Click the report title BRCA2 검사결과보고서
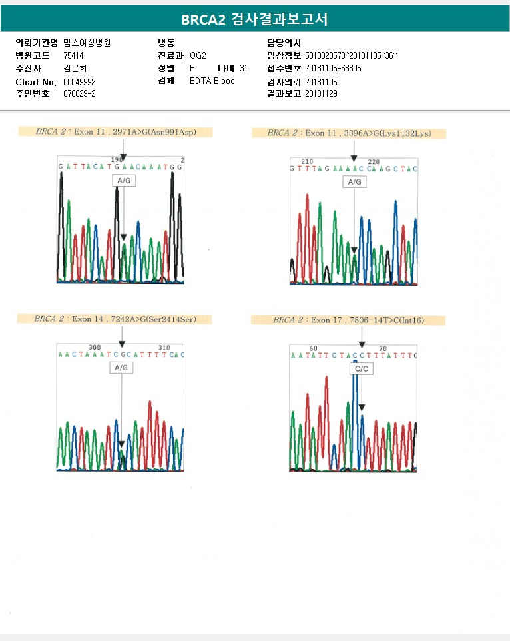[x=254, y=19]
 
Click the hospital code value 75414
[x=73, y=55]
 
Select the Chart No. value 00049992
[x=80, y=81]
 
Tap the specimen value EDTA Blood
[x=212, y=81]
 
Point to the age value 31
[x=244, y=68]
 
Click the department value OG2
[x=198, y=55]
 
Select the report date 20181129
[x=321, y=94]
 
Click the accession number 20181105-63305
[x=333, y=68]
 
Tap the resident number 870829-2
[x=79, y=94]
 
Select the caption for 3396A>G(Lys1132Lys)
[x=349, y=133]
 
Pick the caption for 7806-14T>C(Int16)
[x=348, y=320]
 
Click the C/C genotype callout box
[x=362, y=368]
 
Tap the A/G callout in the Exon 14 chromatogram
[x=121, y=368]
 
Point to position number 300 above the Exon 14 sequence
[x=95, y=348]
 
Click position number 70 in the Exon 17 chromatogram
[x=382, y=348]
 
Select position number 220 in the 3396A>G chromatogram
[x=374, y=161]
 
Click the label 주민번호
[x=33, y=94]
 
